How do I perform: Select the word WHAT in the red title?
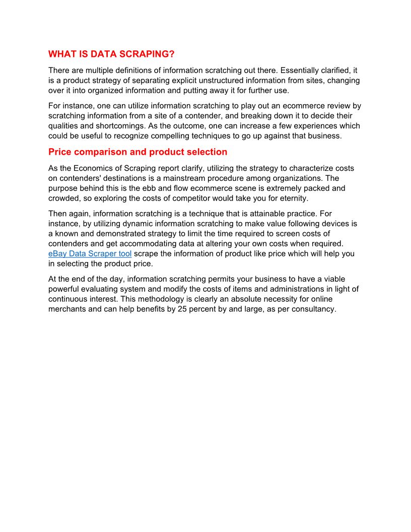61,54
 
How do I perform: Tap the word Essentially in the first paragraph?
296,71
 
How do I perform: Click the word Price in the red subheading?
60,152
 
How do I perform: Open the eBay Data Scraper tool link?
90,254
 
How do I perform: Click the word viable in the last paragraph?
331,279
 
